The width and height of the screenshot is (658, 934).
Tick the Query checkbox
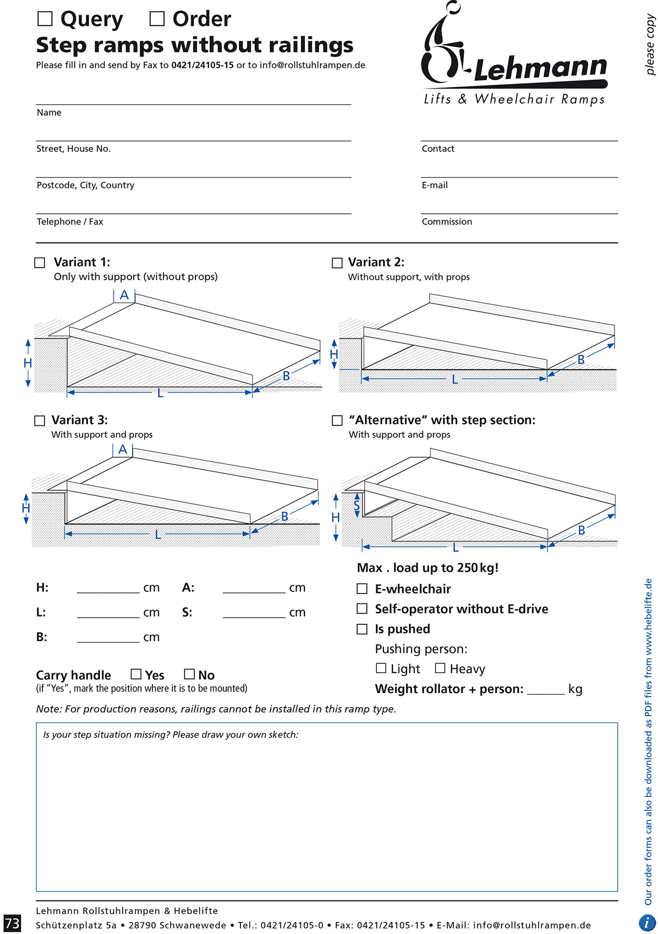[x=45, y=19]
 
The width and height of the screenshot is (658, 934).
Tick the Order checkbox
[x=157, y=19]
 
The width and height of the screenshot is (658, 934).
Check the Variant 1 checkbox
[x=40, y=262]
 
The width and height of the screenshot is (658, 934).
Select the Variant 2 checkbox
[x=337, y=262]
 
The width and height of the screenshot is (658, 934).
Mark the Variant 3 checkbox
[x=40, y=421]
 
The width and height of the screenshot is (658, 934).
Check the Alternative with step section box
[x=337, y=421]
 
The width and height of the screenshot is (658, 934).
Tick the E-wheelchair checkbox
[x=362, y=589]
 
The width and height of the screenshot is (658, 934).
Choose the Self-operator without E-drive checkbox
[x=362, y=609]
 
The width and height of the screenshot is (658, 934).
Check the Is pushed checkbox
[x=362, y=629]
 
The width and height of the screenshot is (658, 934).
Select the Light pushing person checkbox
[x=381, y=668]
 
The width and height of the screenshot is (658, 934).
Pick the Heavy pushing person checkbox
[x=441, y=668]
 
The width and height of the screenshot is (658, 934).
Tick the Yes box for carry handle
[x=136, y=674]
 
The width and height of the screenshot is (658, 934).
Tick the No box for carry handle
[x=190, y=674]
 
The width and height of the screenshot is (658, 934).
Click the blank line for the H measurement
[x=108, y=592]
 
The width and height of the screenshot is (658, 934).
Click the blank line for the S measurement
[x=254, y=617]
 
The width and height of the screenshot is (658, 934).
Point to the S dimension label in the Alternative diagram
[x=357, y=506]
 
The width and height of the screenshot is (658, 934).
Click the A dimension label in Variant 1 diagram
[x=124, y=295]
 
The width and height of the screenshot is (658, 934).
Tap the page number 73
[x=12, y=923]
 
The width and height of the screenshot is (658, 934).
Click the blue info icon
[x=648, y=922]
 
